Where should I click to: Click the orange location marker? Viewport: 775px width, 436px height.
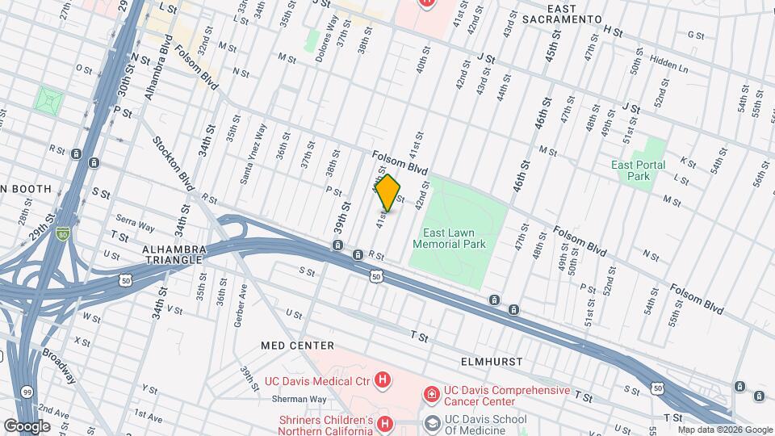(388, 193)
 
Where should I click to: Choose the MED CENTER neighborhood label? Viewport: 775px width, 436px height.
(298, 345)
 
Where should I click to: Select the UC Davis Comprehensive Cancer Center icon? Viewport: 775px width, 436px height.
(433, 394)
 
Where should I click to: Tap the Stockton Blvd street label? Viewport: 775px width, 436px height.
(174, 164)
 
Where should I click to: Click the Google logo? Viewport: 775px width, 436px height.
(27, 426)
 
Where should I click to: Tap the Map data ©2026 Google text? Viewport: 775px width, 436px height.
(728, 430)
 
